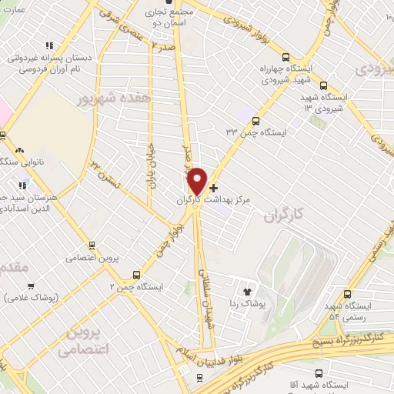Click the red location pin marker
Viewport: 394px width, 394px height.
pos(198,181)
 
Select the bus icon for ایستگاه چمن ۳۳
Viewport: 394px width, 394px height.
pos(256,121)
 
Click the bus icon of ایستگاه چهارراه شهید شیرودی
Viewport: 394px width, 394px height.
pos(286,57)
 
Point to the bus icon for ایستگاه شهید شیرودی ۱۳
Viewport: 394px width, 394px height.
pos(324,86)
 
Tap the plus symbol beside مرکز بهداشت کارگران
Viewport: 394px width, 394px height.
pos(213,188)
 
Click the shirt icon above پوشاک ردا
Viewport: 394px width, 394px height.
pos(247,292)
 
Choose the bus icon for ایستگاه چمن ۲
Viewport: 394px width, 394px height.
pos(138,274)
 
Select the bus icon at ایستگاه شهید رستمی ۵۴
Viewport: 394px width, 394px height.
pos(349,294)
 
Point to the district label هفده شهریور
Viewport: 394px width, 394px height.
pos(108,98)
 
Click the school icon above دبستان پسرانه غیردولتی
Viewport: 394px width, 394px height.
pos(50,46)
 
